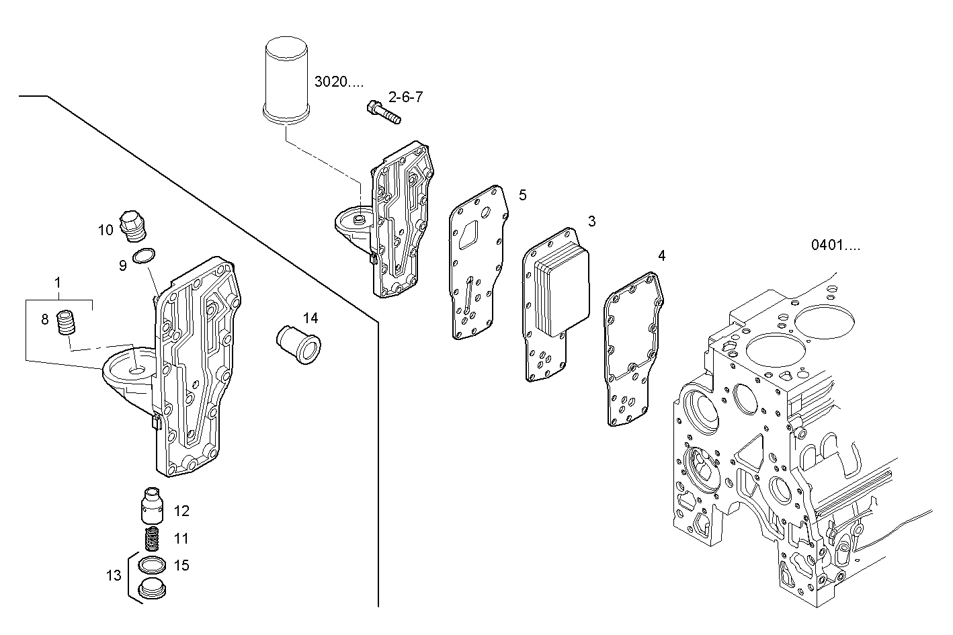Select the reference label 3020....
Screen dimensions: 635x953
(x=339, y=82)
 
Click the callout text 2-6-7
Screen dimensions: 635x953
(x=405, y=97)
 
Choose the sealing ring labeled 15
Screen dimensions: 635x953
(x=153, y=564)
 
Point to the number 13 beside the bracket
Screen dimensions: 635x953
(x=114, y=575)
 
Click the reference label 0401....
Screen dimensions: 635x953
(x=835, y=246)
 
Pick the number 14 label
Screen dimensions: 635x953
(x=310, y=318)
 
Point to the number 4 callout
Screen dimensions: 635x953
(x=661, y=255)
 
